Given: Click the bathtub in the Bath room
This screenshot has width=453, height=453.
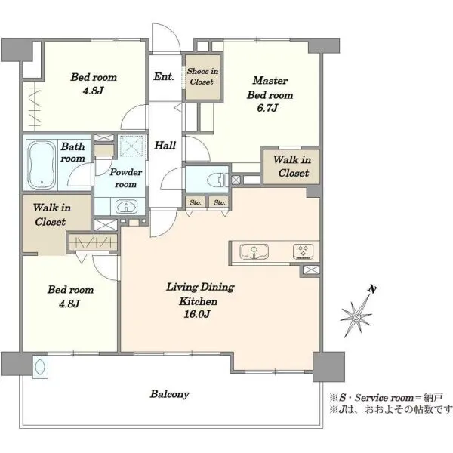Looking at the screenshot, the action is click(x=41, y=165).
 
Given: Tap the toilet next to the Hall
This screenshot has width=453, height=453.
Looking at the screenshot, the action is click(x=217, y=180).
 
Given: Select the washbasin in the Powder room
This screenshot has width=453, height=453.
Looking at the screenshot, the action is click(x=127, y=207).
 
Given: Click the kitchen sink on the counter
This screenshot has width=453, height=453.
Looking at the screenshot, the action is click(x=254, y=251).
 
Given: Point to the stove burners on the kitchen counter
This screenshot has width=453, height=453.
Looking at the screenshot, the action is click(x=303, y=251).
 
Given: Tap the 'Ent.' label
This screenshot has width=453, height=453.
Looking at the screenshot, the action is click(x=164, y=76).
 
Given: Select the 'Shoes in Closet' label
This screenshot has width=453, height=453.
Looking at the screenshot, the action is click(x=202, y=76).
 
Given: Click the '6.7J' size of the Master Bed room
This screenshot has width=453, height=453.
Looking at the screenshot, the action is click(x=267, y=108).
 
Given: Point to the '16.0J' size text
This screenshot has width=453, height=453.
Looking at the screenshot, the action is click(x=197, y=314).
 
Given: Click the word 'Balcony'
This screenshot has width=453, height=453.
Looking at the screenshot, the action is click(x=170, y=394).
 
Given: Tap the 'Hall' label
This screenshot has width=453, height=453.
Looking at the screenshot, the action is click(x=165, y=145).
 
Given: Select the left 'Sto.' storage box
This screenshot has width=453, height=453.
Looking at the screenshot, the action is click(x=196, y=202).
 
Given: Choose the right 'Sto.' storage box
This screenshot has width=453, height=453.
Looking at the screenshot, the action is click(x=219, y=202).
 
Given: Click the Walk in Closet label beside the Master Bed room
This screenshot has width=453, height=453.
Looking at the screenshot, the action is click(x=292, y=166).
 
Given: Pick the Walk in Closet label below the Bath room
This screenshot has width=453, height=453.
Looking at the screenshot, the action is click(x=51, y=214).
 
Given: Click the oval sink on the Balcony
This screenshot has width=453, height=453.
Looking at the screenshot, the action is click(x=40, y=367).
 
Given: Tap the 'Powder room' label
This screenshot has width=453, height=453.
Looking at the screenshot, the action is click(x=126, y=178).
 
